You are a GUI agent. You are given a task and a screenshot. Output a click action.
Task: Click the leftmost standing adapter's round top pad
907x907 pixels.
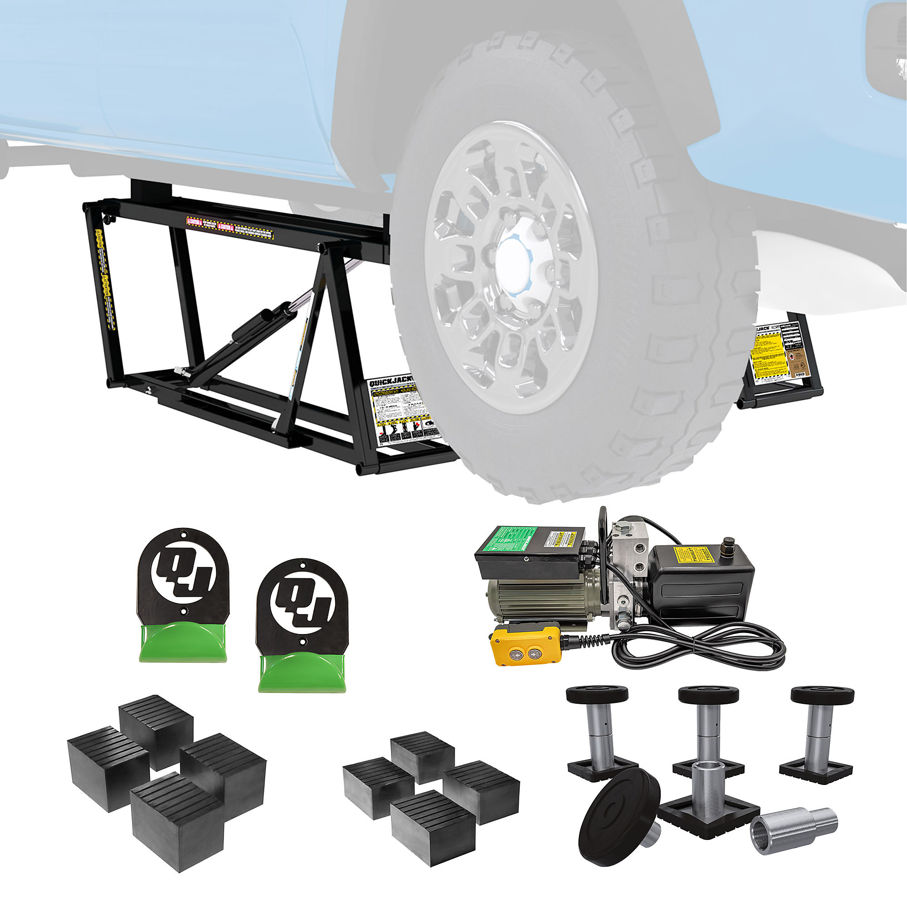click(597, 694)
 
